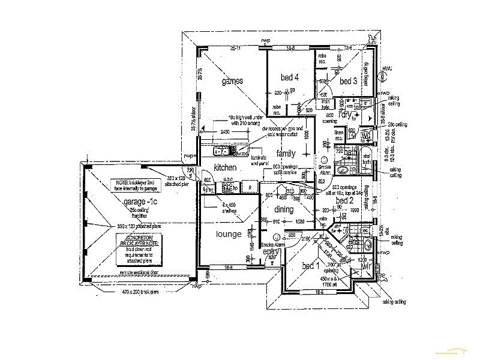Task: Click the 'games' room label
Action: pyautogui.click(x=232, y=81)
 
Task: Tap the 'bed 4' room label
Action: pyautogui.click(x=289, y=77)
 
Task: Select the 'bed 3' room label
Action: pyautogui.click(x=348, y=81)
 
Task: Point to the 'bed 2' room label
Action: pyautogui.click(x=344, y=200)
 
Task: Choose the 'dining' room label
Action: pyautogui.click(x=284, y=209)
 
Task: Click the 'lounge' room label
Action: pyautogui.click(x=229, y=234)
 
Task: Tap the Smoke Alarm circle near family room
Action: pyautogui.click(x=324, y=161)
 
